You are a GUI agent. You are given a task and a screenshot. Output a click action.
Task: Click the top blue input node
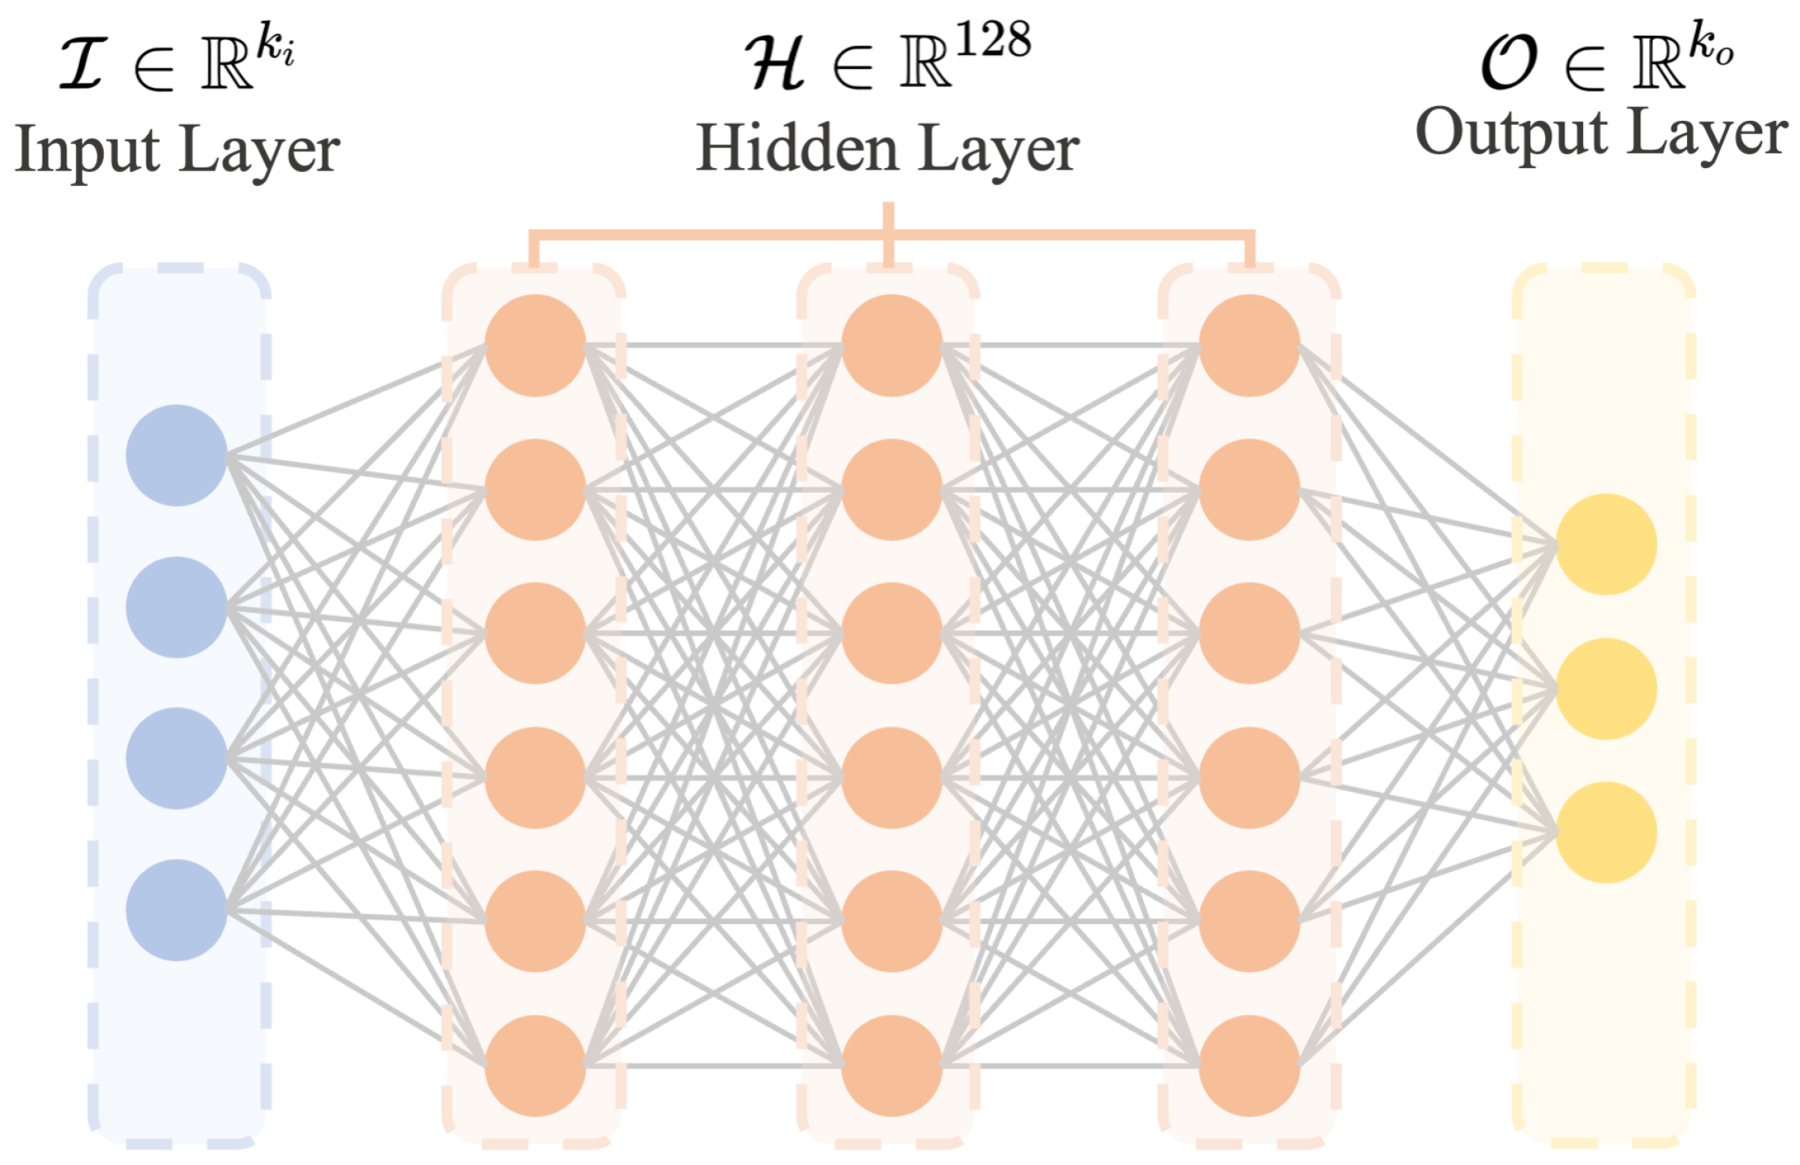click(177, 456)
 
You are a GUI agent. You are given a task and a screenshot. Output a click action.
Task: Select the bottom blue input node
click(177, 910)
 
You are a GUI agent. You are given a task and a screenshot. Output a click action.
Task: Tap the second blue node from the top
click(177, 607)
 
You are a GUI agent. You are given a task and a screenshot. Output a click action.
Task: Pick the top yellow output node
click(1606, 544)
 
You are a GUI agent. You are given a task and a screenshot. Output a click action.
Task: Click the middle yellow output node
click(1606, 688)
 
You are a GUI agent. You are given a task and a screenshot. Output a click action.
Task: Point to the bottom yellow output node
click(1606, 832)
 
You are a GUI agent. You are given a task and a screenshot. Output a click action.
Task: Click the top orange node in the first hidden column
click(535, 346)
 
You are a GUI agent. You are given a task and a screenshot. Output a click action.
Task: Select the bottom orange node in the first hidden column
click(535, 1066)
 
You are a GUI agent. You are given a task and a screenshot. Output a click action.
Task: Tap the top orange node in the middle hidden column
click(892, 346)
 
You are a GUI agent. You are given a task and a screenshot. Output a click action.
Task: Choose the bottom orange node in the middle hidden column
click(892, 1066)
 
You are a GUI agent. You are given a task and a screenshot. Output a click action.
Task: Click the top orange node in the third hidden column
click(1249, 346)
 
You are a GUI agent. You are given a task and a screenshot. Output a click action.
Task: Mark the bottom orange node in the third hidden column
click(1249, 1066)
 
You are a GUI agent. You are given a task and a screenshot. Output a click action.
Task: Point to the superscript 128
click(993, 40)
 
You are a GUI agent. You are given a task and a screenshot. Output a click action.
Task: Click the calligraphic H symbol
click(775, 64)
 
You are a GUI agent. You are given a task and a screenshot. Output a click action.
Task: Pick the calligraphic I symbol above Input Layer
click(84, 64)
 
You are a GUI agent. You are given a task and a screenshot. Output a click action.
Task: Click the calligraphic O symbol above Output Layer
click(1508, 64)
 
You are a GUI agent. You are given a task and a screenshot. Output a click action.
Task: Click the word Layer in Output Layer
click(1709, 136)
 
